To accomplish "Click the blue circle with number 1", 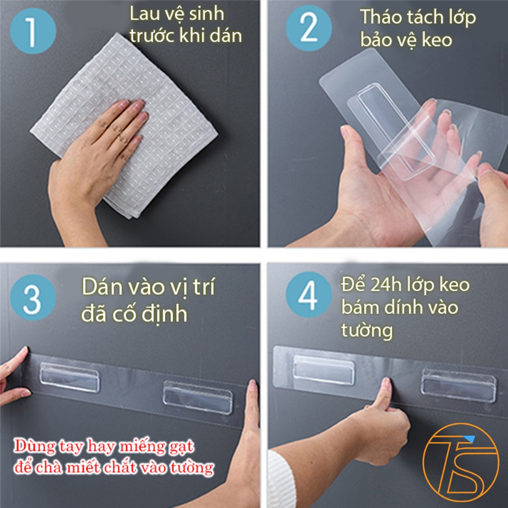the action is pyautogui.click(x=33, y=31).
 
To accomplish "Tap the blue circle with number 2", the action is pyautogui.click(x=309, y=28).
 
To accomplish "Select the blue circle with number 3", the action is pyautogui.click(x=33, y=298).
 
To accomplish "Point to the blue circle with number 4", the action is pyautogui.click(x=309, y=295).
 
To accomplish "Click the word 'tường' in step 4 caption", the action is pyautogui.click(x=367, y=331).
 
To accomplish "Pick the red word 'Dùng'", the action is pyautogui.click(x=35, y=446).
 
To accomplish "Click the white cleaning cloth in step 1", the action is pyautogui.click(x=124, y=125).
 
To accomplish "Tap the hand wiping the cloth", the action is pyautogui.click(x=94, y=162).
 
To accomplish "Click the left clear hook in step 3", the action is pyautogui.click(x=69, y=377).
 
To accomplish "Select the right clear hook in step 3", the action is pyautogui.click(x=197, y=397).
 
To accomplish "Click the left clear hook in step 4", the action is pyautogui.click(x=323, y=370).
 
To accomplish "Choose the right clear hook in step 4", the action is pyautogui.click(x=458, y=385).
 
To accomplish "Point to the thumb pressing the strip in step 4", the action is pyautogui.click(x=384, y=393).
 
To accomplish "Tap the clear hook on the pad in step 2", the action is pyautogui.click(x=395, y=129).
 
